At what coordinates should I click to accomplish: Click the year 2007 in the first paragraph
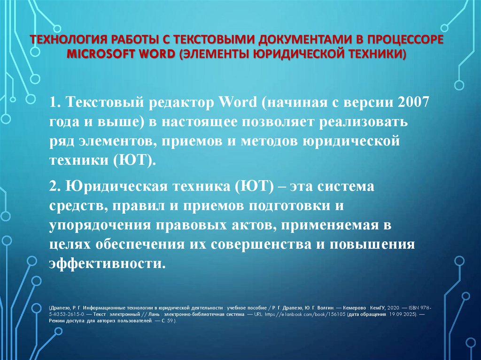point(412,102)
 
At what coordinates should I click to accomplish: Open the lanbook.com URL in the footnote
point(306,314)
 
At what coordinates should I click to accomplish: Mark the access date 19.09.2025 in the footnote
point(402,314)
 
